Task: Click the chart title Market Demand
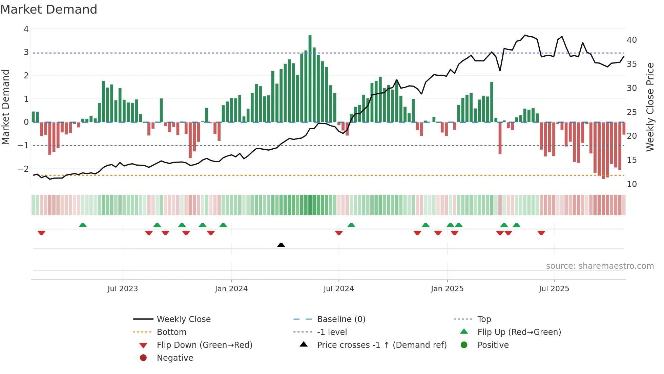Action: [x=49, y=10]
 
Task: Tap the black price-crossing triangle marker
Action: [x=281, y=245]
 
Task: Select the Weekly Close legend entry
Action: [x=183, y=319]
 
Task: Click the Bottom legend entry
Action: [x=171, y=332]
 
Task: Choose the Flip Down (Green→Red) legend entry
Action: [x=204, y=345]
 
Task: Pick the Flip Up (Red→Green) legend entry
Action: [x=519, y=332]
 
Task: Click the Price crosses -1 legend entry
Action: [x=381, y=345]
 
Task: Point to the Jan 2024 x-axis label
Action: [x=231, y=289]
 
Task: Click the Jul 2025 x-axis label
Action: [x=554, y=289]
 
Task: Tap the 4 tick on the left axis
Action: [x=26, y=29]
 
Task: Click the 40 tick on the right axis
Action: [x=631, y=40]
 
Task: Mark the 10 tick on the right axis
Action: [x=631, y=184]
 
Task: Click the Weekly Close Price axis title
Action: [x=650, y=107]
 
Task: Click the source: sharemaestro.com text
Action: [x=600, y=266]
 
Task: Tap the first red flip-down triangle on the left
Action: [x=41, y=233]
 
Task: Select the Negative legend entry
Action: [x=175, y=358]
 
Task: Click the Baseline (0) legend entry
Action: [x=341, y=319]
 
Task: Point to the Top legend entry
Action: [x=484, y=319]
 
